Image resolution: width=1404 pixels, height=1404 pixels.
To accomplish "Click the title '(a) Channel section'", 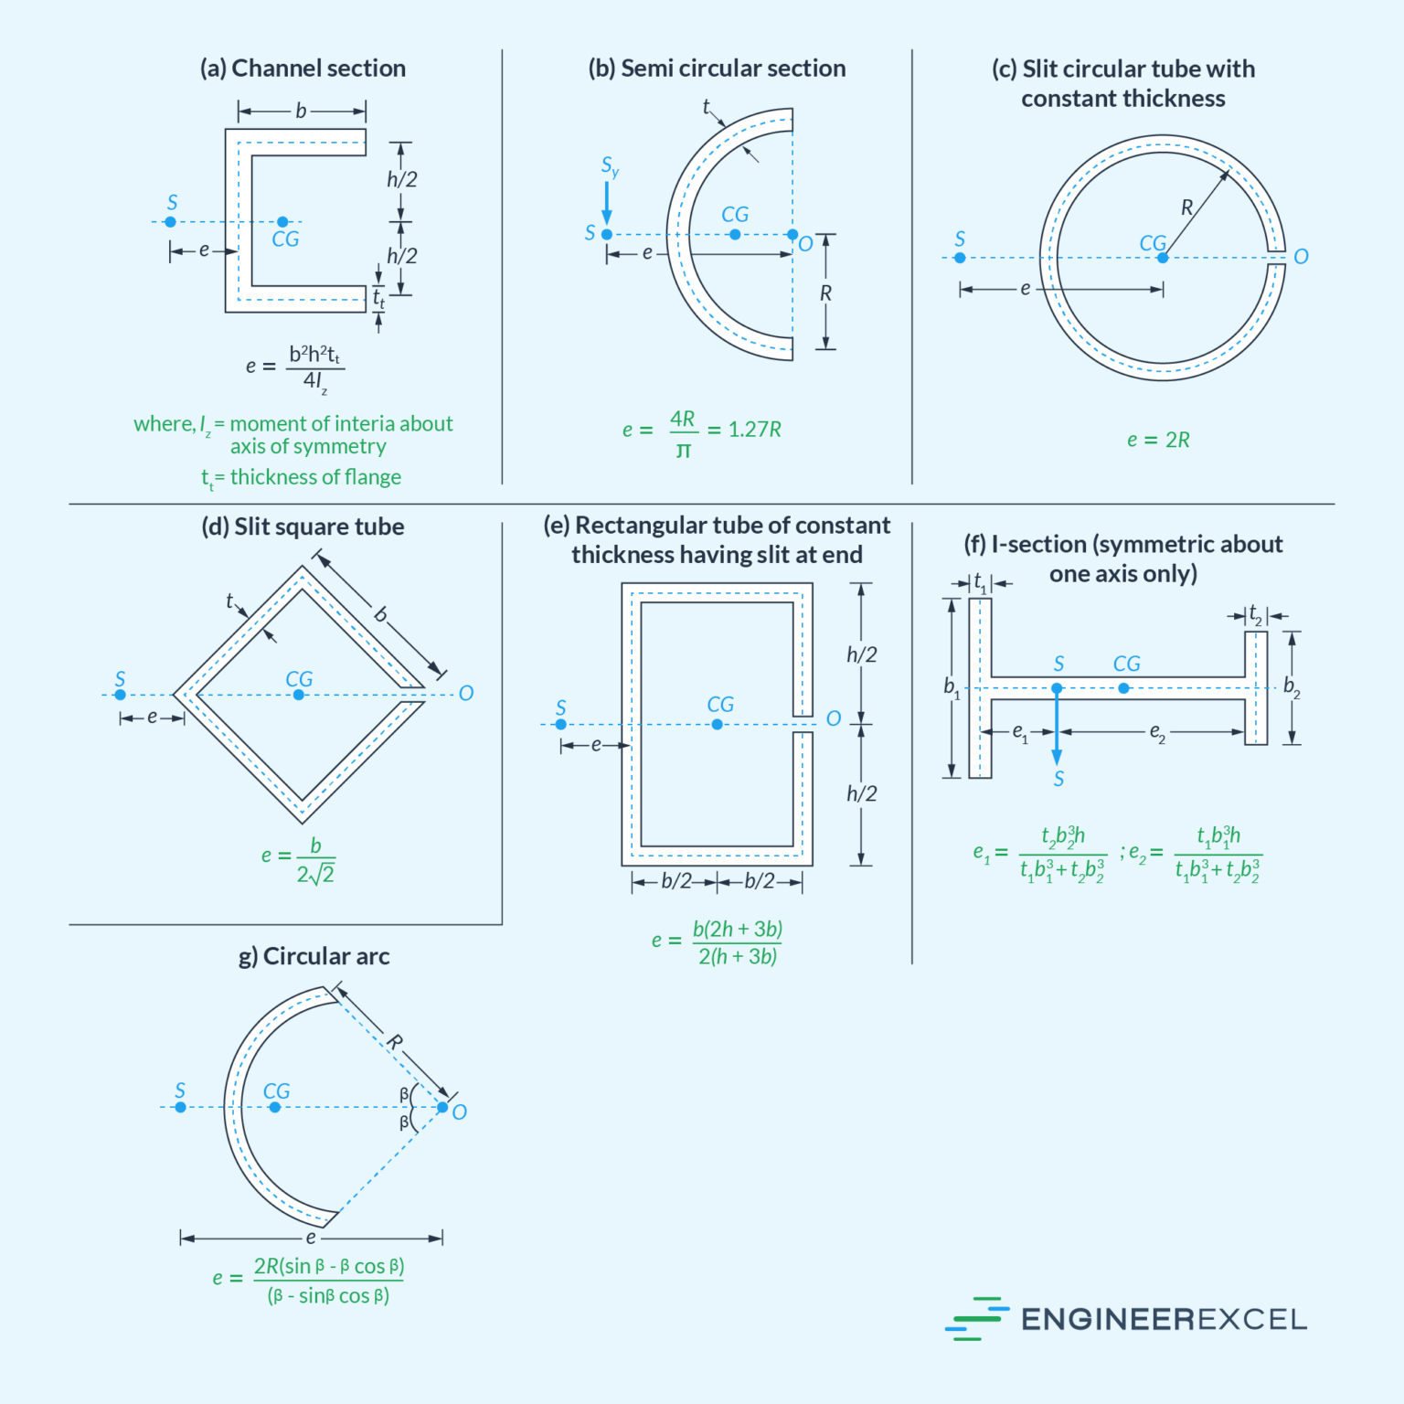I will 303,69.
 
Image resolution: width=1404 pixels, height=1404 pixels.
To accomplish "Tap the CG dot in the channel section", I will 282,222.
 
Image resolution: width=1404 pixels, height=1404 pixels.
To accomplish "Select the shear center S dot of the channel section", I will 170,222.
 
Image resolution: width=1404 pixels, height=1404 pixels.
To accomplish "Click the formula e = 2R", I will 1158,440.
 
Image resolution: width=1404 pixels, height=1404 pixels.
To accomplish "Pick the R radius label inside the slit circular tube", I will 1186,207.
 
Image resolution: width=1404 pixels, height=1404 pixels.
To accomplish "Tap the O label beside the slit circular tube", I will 1301,257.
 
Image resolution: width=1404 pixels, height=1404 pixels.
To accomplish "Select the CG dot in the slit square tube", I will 299,695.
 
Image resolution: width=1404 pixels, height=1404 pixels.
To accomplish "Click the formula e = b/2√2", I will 300,860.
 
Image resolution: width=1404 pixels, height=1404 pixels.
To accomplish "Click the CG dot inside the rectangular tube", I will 718,725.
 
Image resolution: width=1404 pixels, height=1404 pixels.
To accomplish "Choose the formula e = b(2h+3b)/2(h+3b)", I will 718,942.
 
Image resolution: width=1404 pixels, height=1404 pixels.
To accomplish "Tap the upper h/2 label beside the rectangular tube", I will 861,654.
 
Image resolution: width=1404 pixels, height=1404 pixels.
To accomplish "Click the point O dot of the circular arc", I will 442,1108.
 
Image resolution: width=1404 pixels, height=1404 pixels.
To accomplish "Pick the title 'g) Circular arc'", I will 314,956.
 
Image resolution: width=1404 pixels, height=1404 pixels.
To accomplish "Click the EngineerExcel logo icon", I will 976,1319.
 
